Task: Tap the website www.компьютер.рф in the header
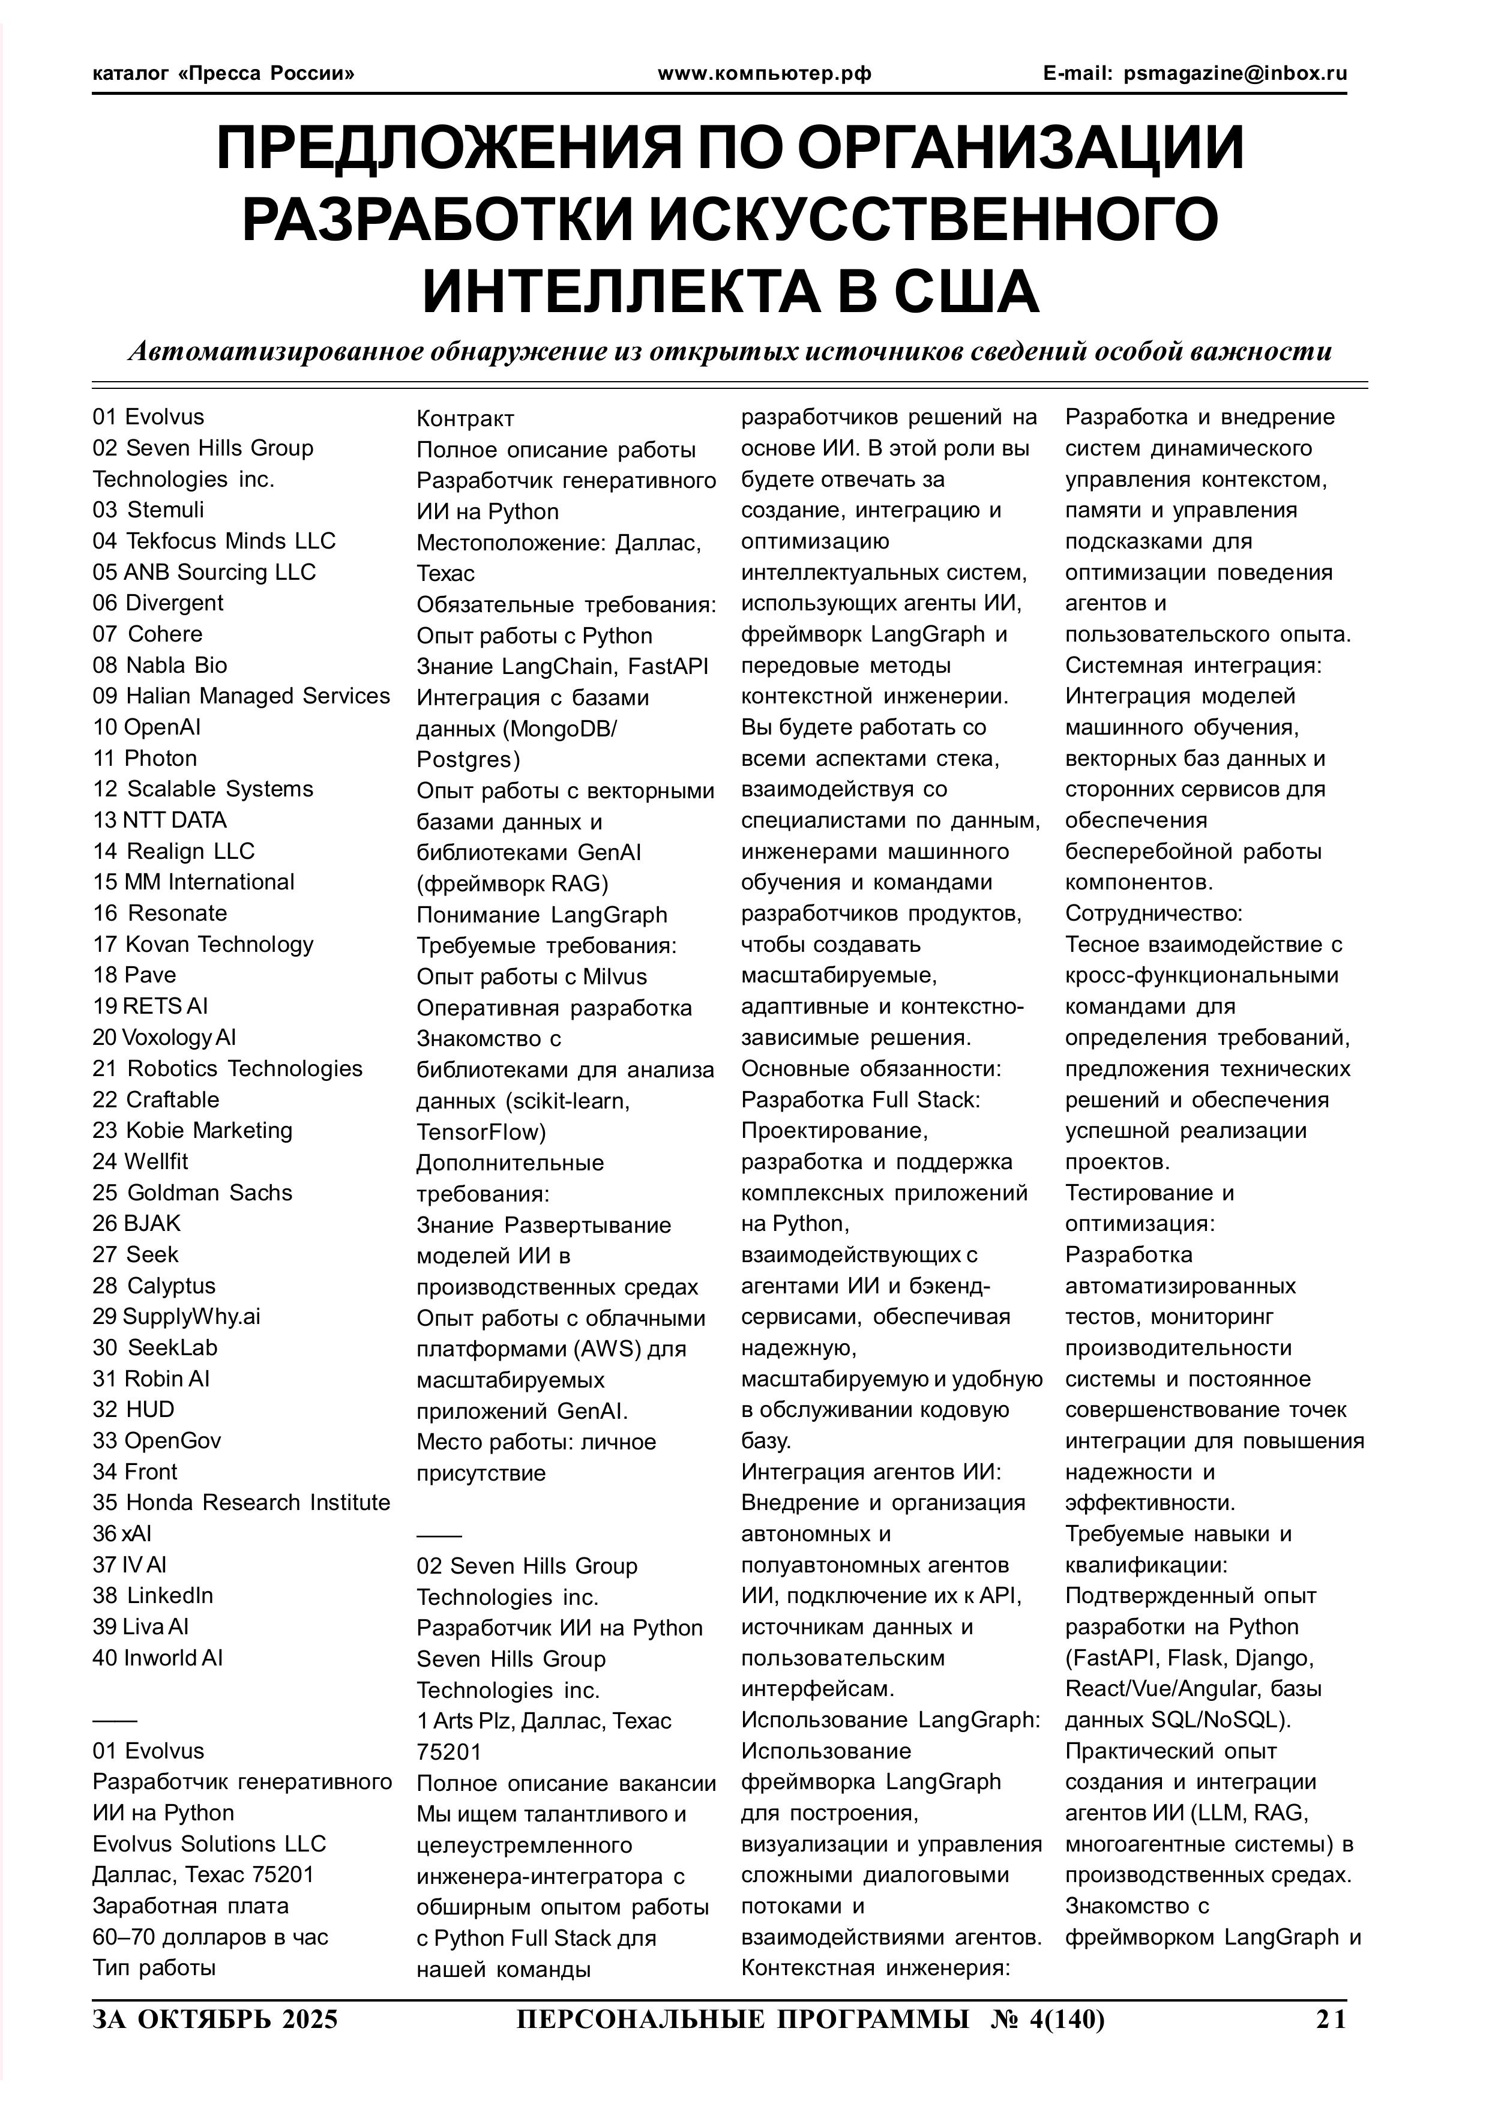click(x=764, y=73)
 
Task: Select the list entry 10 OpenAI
click(x=147, y=727)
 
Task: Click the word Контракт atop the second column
click(x=465, y=419)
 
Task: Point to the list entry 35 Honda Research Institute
click(x=241, y=1502)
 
